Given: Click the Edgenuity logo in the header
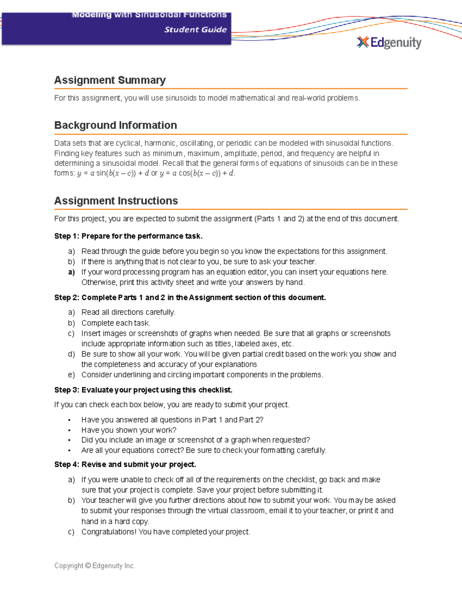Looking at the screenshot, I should (389, 42).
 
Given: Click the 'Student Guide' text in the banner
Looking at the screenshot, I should (195, 30).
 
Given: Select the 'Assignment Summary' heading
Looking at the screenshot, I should (110, 80).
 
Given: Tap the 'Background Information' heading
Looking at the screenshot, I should (115, 125).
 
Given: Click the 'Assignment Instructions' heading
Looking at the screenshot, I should (116, 201).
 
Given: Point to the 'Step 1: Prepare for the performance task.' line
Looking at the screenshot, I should (128, 236).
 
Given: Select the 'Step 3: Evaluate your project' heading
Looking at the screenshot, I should (143, 390).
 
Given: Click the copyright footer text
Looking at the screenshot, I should (94, 566).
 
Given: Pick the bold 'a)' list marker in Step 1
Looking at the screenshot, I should (71, 272).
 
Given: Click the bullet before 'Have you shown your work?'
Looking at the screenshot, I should (69, 430).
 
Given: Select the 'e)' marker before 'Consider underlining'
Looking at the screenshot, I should (71, 375).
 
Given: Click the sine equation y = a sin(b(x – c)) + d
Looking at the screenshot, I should (113, 173).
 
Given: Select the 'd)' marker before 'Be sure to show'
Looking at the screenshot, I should (71, 354).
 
